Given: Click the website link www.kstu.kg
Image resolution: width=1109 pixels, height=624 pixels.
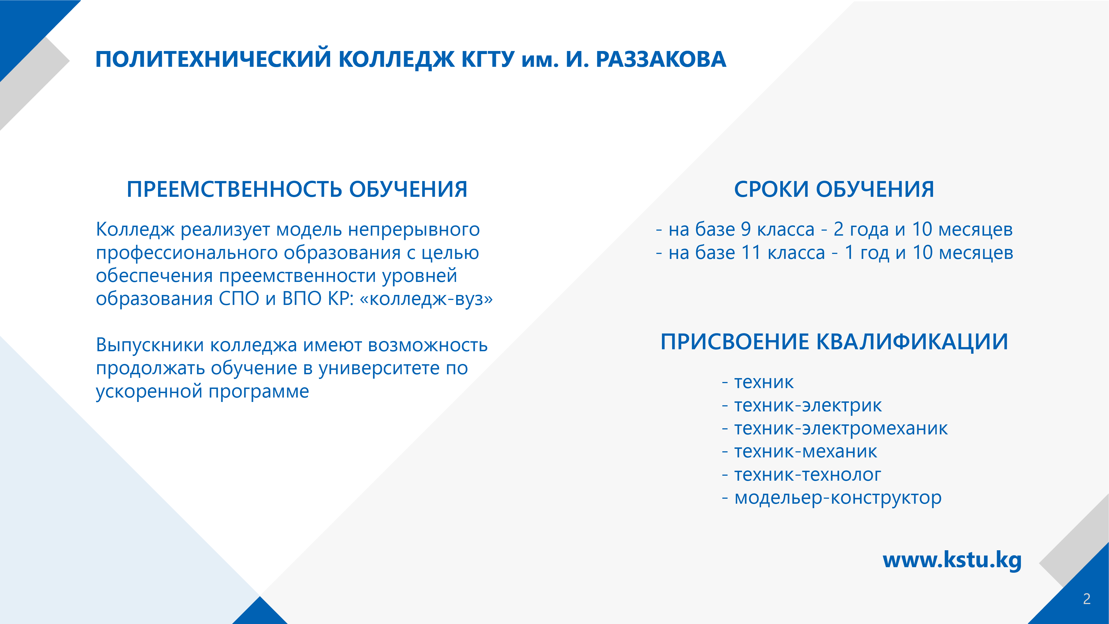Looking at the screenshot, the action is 952,560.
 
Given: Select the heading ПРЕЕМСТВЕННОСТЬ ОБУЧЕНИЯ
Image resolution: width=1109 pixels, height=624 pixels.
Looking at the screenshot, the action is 297,190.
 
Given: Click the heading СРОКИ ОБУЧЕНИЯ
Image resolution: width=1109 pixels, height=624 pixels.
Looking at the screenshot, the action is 834,190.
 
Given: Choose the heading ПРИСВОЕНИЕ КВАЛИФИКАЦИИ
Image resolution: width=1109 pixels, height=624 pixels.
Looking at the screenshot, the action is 834,342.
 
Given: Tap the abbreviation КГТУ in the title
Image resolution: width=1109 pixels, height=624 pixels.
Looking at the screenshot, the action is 488,59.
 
